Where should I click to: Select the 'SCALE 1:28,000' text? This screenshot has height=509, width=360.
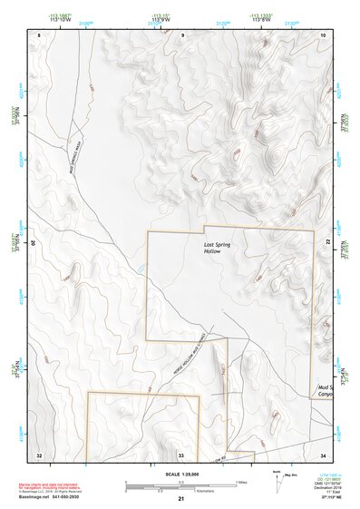click(x=181, y=474)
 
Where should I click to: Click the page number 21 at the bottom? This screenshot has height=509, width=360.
click(x=181, y=499)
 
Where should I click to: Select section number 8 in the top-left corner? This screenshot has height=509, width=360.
click(x=39, y=34)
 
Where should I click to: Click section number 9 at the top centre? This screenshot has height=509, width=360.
click(x=182, y=34)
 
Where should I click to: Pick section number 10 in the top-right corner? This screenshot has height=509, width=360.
click(x=324, y=34)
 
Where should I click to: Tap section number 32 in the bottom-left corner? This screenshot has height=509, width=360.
click(x=39, y=454)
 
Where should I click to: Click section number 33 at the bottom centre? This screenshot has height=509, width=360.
click(x=180, y=454)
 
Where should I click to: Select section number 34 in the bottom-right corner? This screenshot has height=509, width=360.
click(x=324, y=454)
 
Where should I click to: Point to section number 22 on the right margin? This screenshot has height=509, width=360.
click(x=327, y=242)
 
